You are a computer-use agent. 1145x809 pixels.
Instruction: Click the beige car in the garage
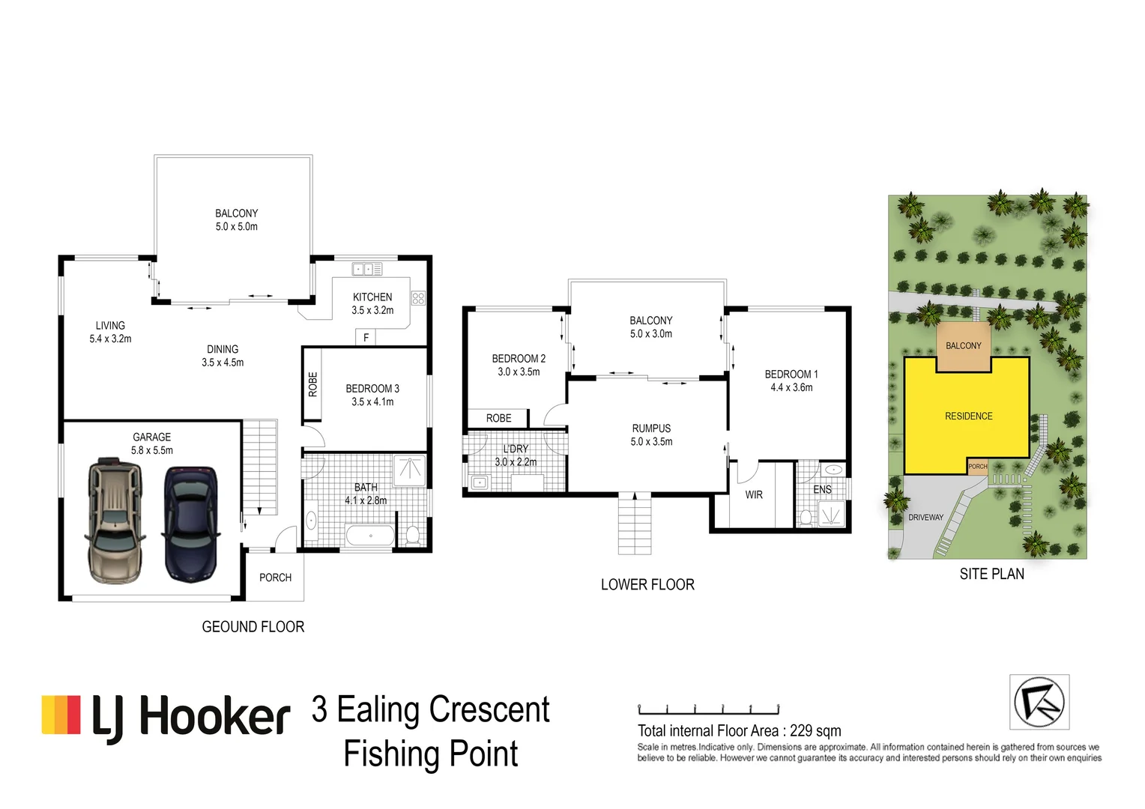click(x=115, y=521)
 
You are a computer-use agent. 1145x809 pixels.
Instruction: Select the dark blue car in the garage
click(x=190, y=524)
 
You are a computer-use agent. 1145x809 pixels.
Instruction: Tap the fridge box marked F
click(x=366, y=337)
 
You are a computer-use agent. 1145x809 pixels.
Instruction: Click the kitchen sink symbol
click(x=367, y=269)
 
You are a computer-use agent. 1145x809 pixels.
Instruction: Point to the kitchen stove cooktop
click(x=418, y=298)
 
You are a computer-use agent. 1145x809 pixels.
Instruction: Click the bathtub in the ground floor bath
click(x=371, y=536)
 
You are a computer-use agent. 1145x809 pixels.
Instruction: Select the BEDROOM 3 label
click(x=372, y=389)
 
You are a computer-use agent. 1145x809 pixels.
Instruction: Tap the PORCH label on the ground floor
click(x=275, y=578)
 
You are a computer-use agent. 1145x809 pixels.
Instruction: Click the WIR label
click(x=754, y=494)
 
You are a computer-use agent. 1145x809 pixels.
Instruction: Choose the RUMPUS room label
click(x=651, y=428)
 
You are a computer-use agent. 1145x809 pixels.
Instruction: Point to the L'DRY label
click(x=516, y=449)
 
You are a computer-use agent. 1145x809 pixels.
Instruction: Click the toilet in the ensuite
click(x=806, y=517)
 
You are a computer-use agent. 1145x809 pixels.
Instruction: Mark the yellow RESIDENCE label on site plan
click(x=969, y=416)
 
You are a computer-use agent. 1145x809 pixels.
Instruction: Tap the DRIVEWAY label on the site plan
click(x=925, y=517)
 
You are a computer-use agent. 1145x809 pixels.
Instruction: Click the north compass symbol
click(x=1039, y=702)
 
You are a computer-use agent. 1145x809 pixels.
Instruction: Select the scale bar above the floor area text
click(x=708, y=709)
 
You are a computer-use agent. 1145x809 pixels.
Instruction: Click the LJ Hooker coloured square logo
click(x=61, y=714)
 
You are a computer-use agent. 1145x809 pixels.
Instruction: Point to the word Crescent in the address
click(x=489, y=709)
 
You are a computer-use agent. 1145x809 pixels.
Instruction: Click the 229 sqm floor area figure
click(x=815, y=731)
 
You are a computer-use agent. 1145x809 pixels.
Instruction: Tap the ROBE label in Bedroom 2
click(x=498, y=418)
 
